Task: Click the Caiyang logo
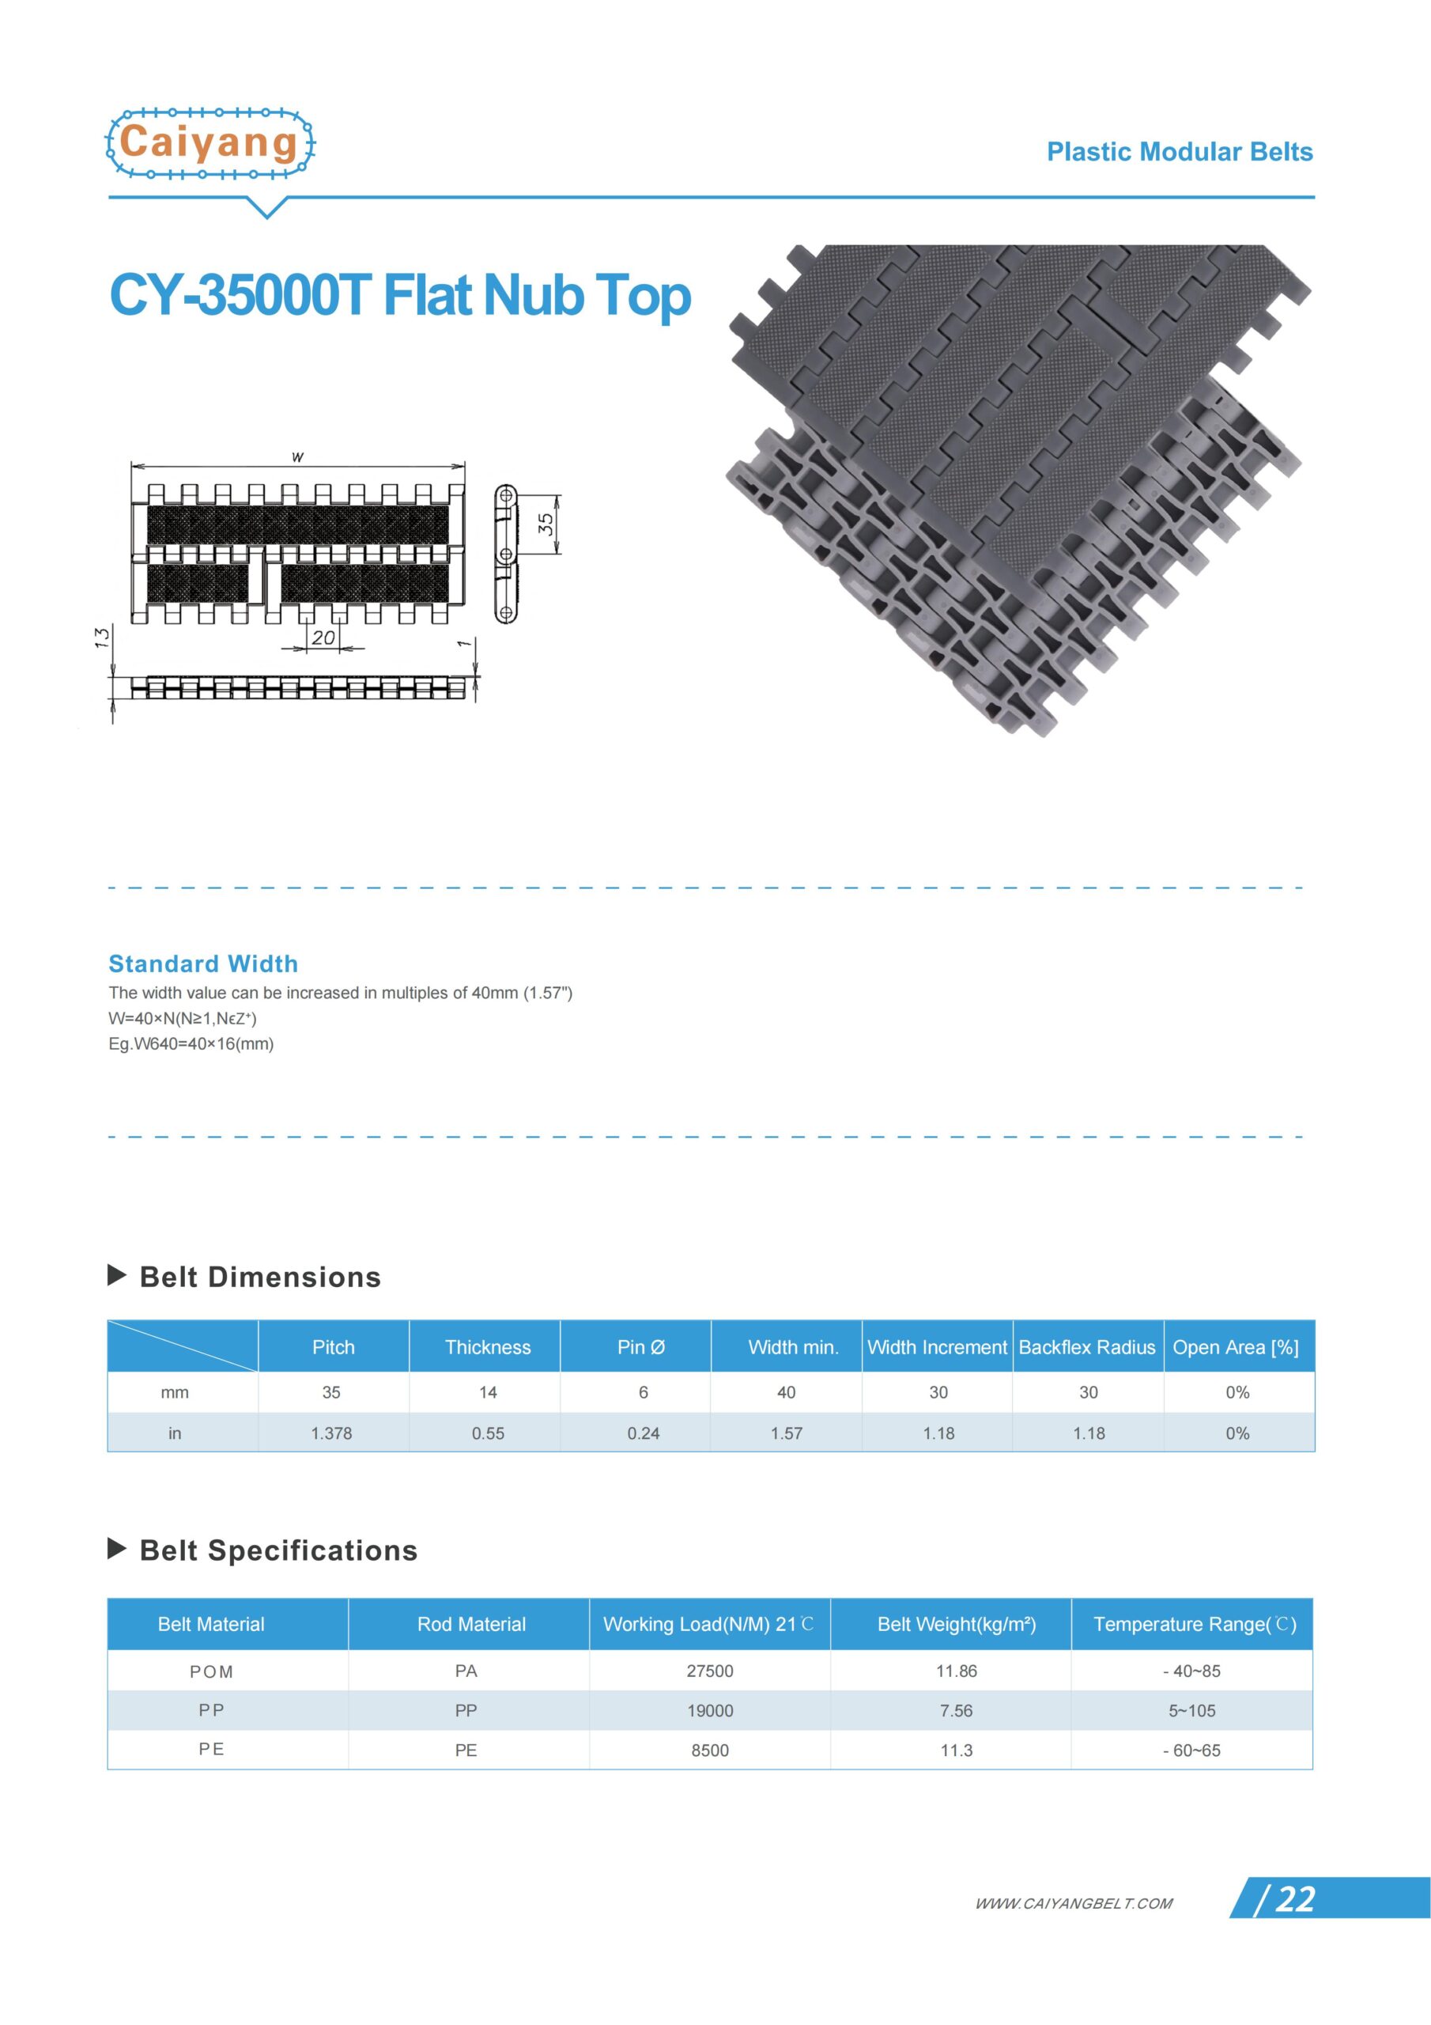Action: point(210,143)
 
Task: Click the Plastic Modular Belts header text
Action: point(1179,152)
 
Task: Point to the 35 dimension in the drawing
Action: point(546,524)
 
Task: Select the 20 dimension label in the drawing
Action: point(323,637)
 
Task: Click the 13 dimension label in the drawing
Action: point(102,637)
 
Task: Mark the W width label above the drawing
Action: point(298,457)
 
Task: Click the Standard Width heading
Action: point(203,963)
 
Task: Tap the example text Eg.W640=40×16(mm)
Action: point(191,1043)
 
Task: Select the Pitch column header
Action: point(334,1347)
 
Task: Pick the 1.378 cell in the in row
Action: point(331,1433)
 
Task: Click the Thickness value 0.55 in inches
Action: point(488,1433)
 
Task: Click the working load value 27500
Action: point(710,1671)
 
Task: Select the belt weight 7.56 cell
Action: point(956,1710)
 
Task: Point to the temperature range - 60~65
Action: point(1191,1750)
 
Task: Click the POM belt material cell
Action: point(212,1671)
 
